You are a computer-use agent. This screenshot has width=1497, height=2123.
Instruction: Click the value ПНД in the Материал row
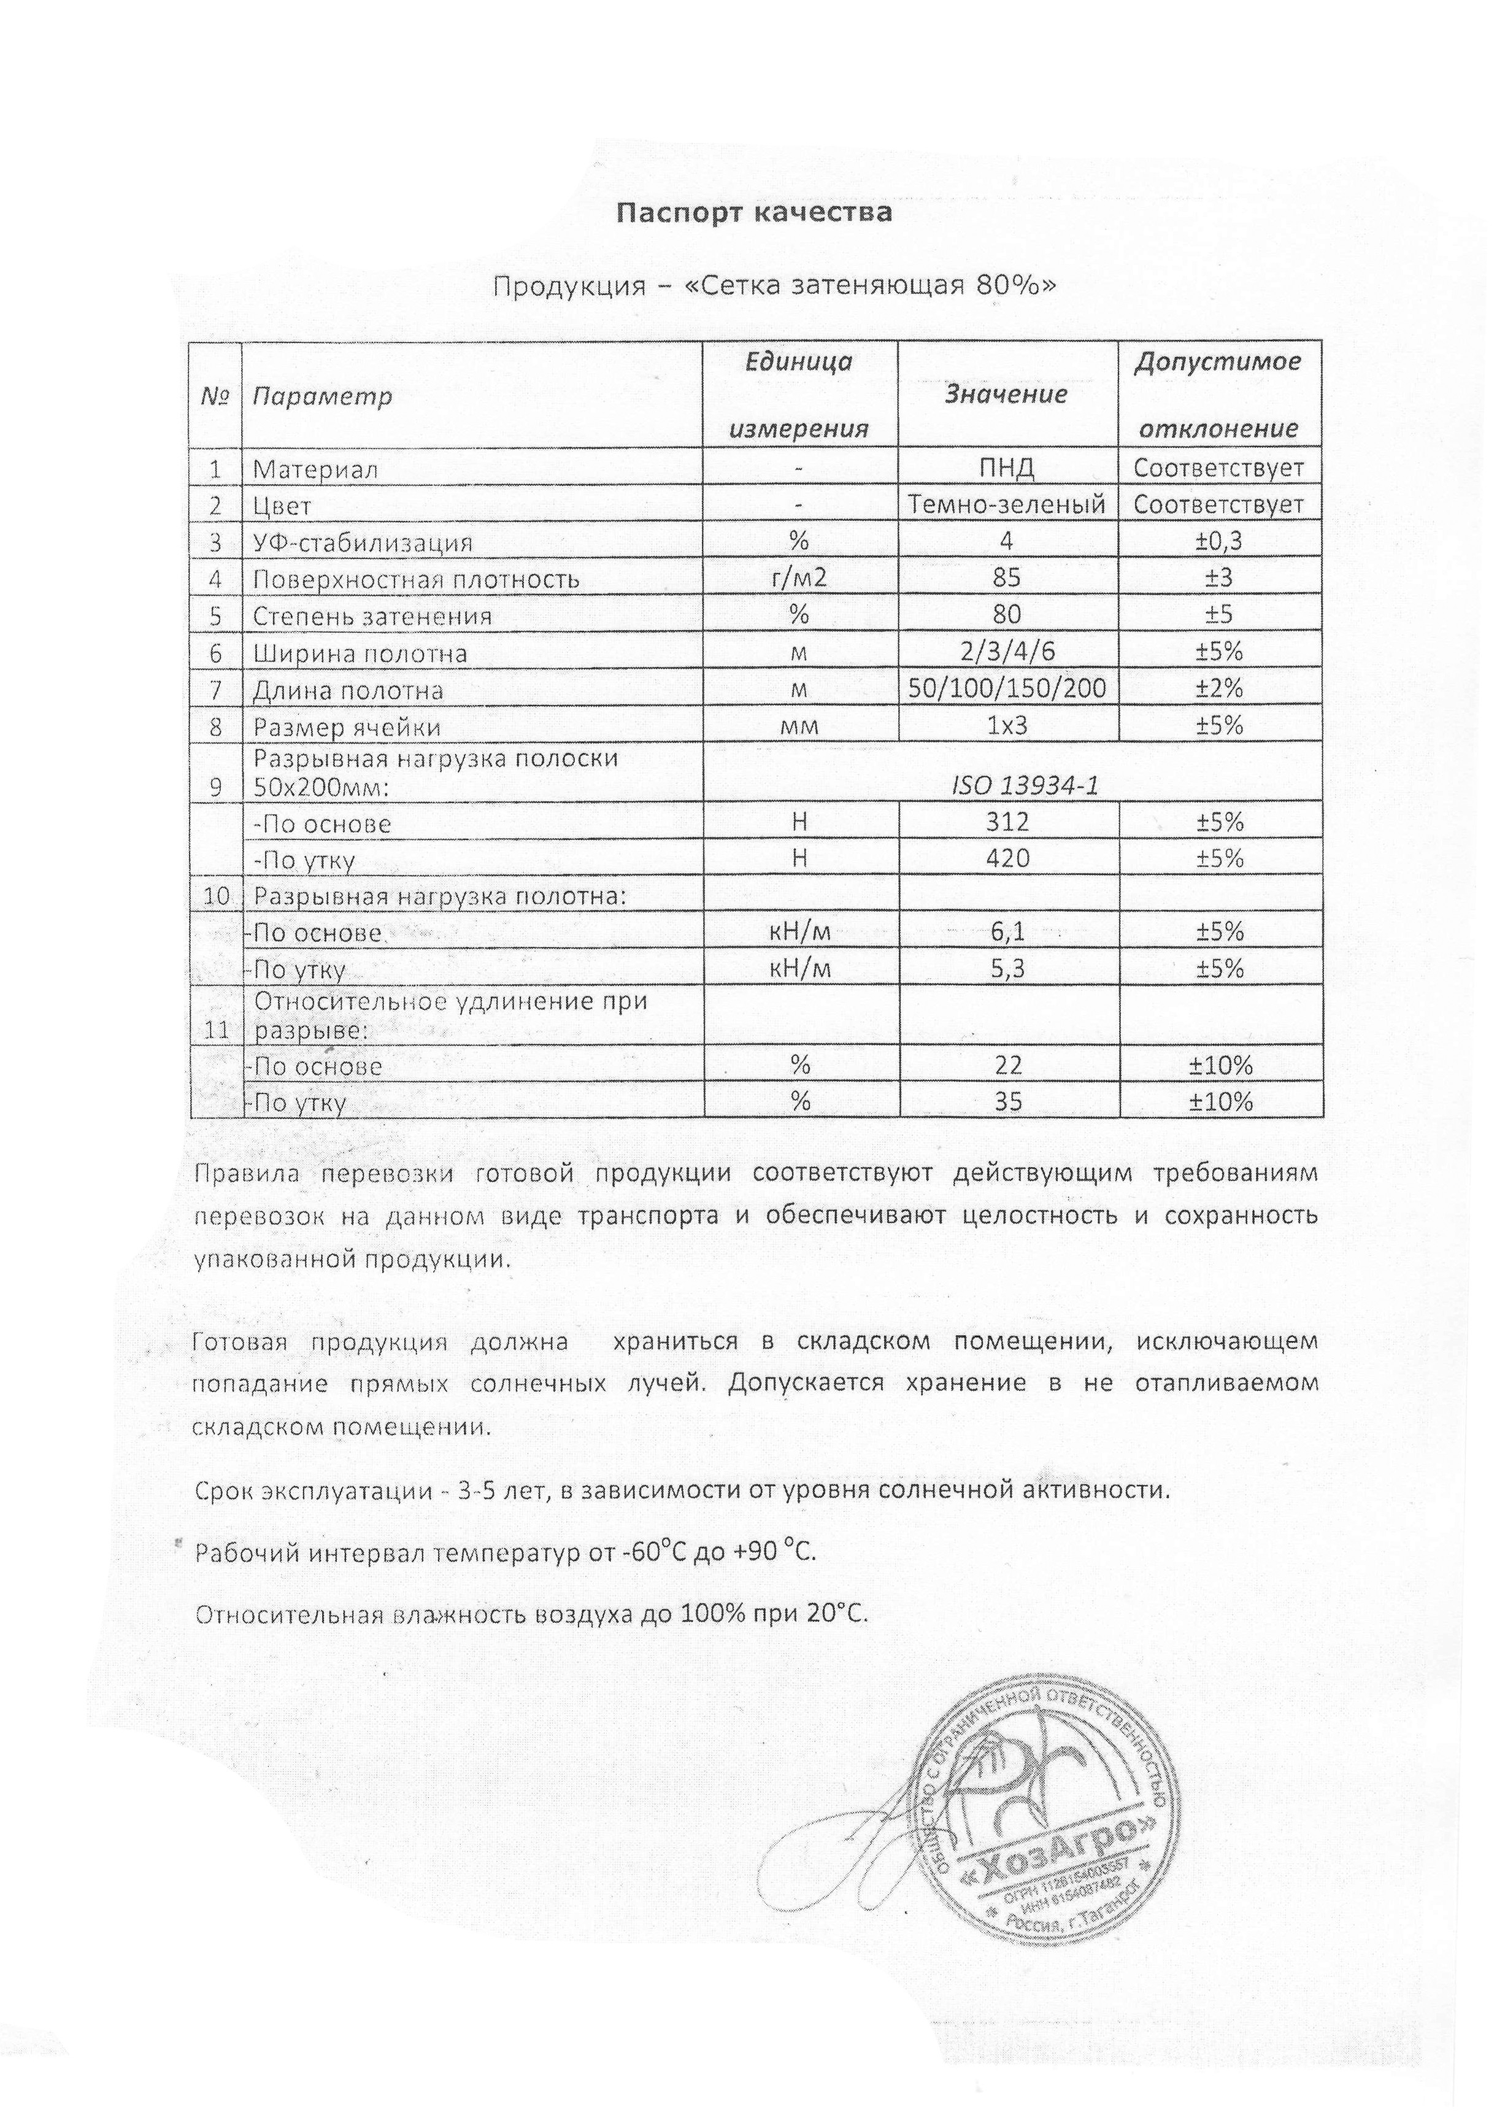pos(1006,469)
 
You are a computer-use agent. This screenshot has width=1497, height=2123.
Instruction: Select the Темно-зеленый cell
pos(1007,505)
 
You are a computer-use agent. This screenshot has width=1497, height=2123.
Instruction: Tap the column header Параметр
pos(321,396)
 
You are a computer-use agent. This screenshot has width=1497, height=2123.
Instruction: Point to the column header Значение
pos(1006,395)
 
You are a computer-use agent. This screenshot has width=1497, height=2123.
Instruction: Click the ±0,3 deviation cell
pos(1218,542)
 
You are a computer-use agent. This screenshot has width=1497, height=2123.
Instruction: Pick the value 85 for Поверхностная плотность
pos(1006,578)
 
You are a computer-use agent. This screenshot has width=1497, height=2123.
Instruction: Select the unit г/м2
pos(800,579)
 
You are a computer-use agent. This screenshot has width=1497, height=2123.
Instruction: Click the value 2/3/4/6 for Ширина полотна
pos(1007,652)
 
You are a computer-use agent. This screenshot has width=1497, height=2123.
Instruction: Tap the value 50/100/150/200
pos(1007,689)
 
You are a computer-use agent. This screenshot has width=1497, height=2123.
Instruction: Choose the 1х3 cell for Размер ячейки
pos(1007,726)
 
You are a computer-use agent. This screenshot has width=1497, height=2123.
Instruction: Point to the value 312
pos(1007,822)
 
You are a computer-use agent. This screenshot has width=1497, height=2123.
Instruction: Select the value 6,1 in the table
pos(1007,932)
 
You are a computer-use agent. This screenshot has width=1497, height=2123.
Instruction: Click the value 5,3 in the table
pos(1007,969)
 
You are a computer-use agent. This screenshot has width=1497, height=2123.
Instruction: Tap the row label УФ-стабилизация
pos(363,543)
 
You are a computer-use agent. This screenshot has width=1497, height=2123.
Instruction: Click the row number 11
pos(215,1029)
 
